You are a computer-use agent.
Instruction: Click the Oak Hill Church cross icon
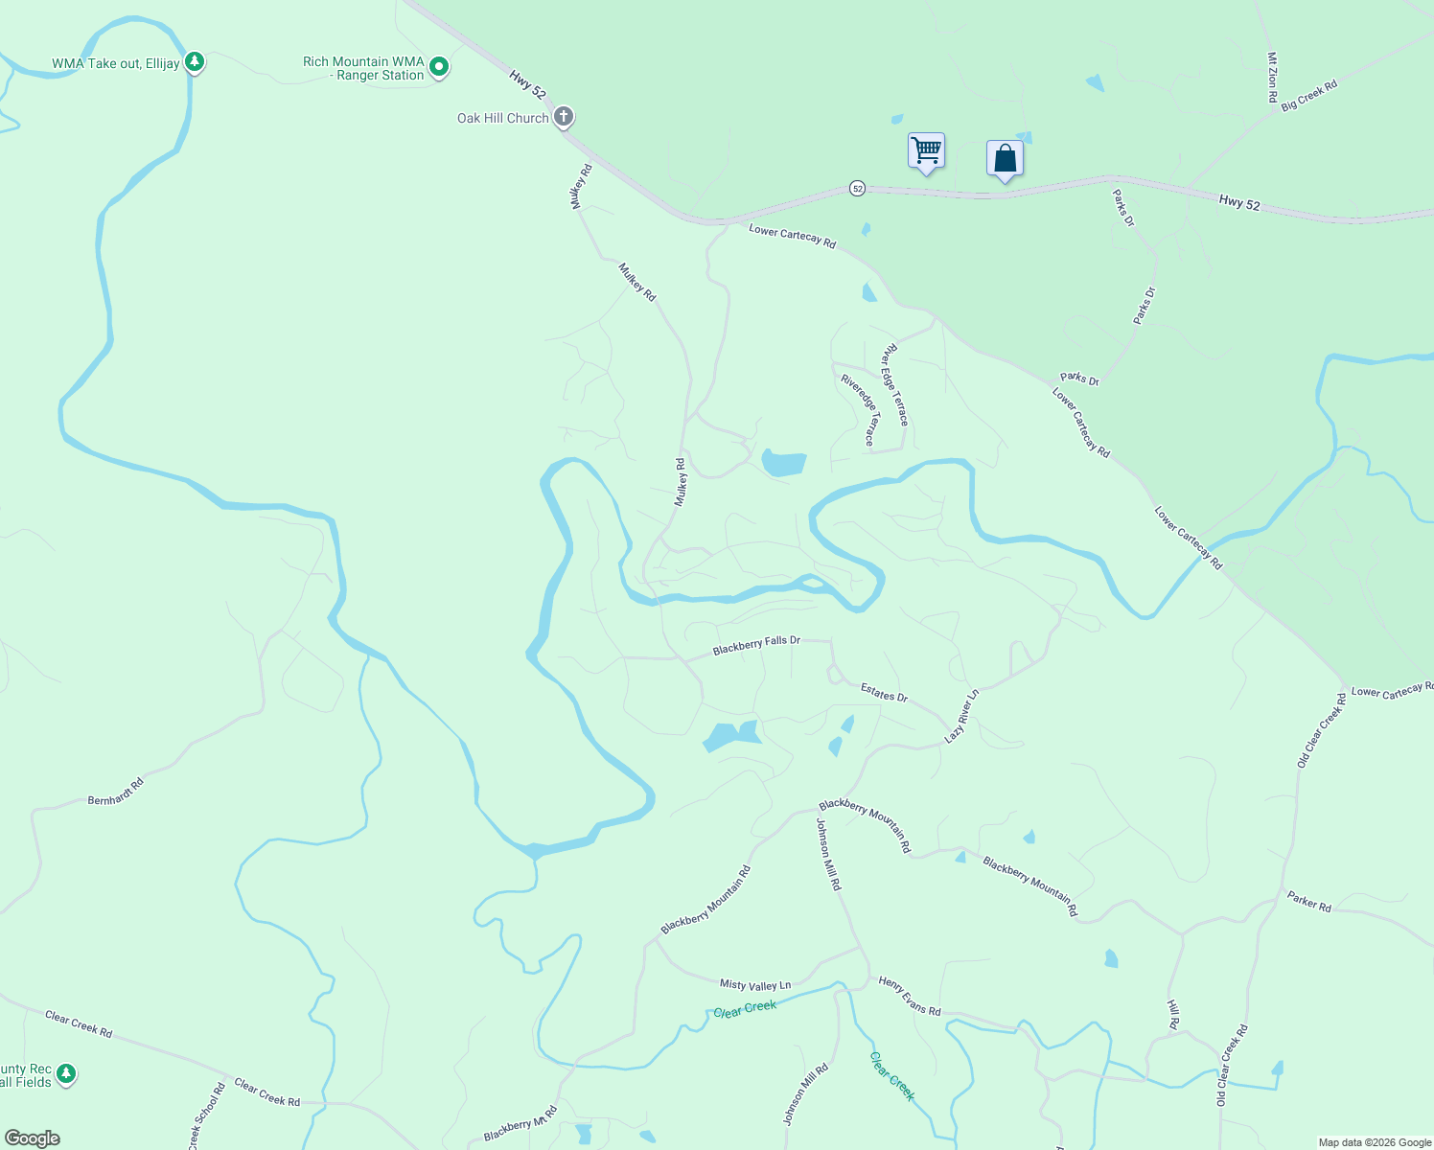[x=564, y=117]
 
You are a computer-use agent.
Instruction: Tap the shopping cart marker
[x=926, y=150]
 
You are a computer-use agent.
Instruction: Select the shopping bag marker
[x=1005, y=158]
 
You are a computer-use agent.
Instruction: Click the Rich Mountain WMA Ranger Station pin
[x=439, y=67]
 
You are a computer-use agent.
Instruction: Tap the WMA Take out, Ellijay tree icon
[x=195, y=63]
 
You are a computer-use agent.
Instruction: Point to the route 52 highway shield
[x=857, y=189]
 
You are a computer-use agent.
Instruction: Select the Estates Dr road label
[x=884, y=692]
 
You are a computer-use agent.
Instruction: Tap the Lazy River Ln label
[x=961, y=715]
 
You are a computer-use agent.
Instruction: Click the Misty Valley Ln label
[x=755, y=984]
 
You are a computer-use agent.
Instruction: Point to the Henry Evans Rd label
[x=910, y=996]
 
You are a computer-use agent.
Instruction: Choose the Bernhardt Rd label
[x=116, y=792]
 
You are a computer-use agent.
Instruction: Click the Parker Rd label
[x=1308, y=901]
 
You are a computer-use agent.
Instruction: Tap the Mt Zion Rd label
[x=1272, y=77]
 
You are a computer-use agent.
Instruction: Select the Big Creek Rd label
[x=1308, y=96]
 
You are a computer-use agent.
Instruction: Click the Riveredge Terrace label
[x=858, y=410]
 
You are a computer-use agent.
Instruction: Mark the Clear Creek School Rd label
[x=207, y=1116]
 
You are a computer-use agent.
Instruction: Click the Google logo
[x=33, y=1138]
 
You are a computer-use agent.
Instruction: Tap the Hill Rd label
[x=1173, y=1014]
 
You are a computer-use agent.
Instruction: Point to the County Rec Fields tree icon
[x=66, y=1073]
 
